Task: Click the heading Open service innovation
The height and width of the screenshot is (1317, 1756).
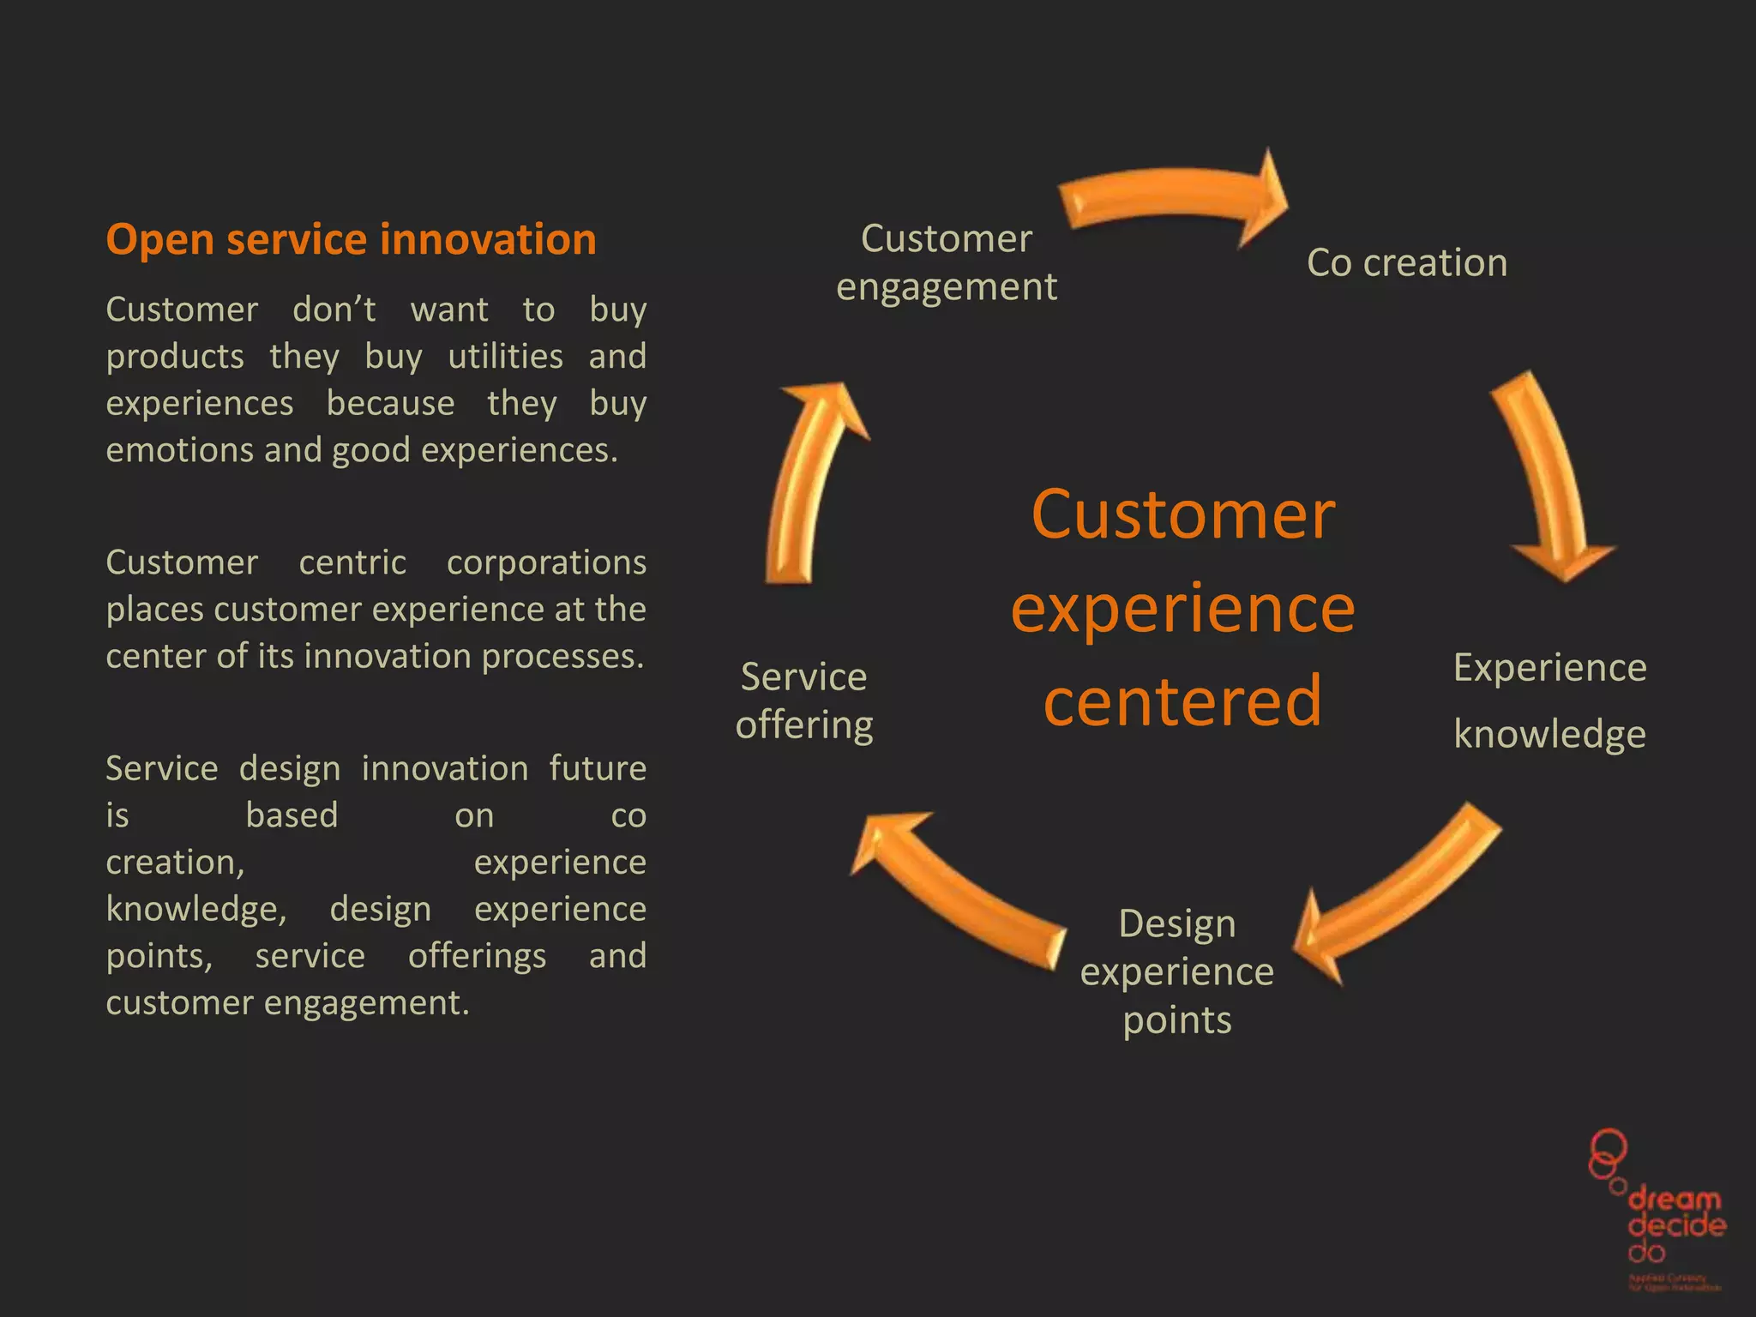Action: [351, 239]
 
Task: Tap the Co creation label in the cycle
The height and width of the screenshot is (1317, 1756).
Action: [1406, 262]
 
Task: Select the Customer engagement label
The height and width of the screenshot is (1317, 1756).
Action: [946, 262]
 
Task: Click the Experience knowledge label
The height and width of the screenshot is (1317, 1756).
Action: [1549, 701]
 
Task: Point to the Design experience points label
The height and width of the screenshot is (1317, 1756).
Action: [1176, 971]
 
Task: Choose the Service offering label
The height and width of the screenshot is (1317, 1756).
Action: [803, 701]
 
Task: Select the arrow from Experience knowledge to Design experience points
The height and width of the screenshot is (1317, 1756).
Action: [1398, 896]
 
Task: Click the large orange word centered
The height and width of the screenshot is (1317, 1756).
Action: [1182, 701]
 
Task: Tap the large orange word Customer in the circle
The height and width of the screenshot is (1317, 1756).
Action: [1182, 514]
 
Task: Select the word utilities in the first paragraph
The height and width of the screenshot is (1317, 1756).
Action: [505, 356]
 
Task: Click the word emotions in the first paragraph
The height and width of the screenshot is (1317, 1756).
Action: [179, 450]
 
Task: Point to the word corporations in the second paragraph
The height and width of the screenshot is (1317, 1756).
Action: [546, 562]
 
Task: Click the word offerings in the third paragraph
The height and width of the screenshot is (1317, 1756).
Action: [477, 956]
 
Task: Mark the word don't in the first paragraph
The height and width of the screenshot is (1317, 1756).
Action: [334, 310]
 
